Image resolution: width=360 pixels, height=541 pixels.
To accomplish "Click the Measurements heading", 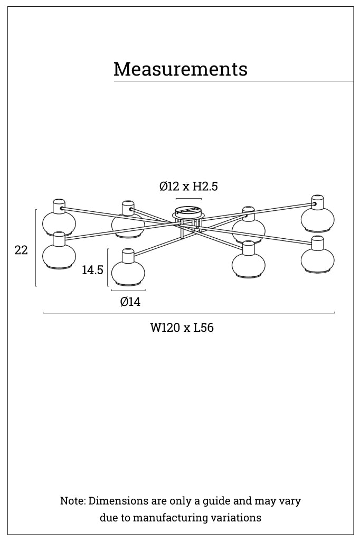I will pyautogui.click(x=180, y=69).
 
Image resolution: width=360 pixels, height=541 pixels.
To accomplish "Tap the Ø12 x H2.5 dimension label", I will pyautogui.click(x=188, y=186).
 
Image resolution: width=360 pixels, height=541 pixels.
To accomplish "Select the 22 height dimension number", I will pyautogui.click(x=21, y=250).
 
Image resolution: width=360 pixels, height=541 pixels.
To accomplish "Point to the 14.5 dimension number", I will pyautogui.click(x=92, y=270).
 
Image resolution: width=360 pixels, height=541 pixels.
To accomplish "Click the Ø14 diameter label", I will pyautogui.click(x=130, y=302).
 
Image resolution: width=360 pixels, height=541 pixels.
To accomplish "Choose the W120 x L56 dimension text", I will pyautogui.click(x=182, y=328).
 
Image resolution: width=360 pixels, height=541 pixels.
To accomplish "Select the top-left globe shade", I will pyautogui.click(x=59, y=221).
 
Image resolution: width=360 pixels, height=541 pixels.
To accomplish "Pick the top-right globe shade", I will pyautogui.click(x=317, y=217).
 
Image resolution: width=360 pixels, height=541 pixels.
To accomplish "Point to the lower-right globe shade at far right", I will pyautogui.click(x=317, y=259).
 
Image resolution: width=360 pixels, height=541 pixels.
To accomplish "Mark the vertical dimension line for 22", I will pyautogui.click(x=36, y=248).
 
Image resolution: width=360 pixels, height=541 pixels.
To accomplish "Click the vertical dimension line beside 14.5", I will pyautogui.click(x=108, y=267).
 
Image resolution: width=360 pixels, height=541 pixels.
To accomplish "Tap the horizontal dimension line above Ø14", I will pyautogui.click(x=128, y=291).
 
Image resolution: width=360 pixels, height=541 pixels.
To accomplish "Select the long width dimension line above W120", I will pyautogui.click(x=188, y=313).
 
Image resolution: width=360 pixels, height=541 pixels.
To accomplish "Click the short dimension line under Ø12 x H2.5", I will pyautogui.click(x=188, y=199).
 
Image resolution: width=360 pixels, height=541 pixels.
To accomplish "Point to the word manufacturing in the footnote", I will pyautogui.click(x=166, y=518).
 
